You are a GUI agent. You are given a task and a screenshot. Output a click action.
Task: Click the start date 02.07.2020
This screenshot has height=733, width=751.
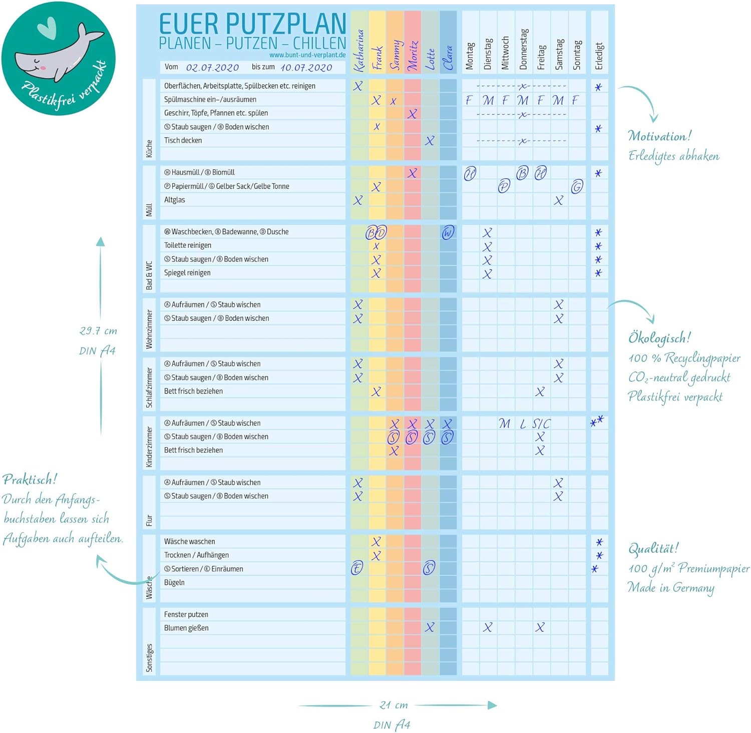[x=212, y=68]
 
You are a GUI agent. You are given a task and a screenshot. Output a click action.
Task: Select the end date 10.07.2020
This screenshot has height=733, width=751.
[x=306, y=68]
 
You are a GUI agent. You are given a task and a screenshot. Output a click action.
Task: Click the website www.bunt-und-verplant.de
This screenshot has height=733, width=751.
[x=307, y=55]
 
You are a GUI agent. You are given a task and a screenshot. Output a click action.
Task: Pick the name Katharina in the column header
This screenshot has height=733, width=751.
[x=358, y=51]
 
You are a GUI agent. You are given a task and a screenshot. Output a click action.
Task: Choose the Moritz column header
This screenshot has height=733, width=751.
[x=413, y=55]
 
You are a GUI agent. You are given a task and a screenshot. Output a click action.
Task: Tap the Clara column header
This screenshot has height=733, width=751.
[x=448, y=58]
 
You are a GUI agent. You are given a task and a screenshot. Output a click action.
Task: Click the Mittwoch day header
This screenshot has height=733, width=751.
[x=505, y=53]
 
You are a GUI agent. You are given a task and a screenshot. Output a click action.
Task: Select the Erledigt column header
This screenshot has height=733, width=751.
[x=599, y=56]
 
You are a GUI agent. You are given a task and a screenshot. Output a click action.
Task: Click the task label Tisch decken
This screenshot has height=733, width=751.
[x=183, y=141]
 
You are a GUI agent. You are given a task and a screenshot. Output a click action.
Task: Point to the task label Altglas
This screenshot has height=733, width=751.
[x=174, y=200]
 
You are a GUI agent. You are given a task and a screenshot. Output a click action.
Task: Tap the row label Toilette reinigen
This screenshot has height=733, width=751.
[x=187, y=245]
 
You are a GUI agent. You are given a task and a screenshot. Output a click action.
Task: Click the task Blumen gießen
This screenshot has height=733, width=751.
[x=186, y=628]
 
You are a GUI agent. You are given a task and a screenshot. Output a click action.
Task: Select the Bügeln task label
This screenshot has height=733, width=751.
[x=174, y=582]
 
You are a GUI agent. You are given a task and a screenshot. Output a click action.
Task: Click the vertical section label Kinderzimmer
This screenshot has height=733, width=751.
[x=149, y=447]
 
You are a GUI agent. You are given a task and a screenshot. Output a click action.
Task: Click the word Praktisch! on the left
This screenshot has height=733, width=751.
[x=30, y=480]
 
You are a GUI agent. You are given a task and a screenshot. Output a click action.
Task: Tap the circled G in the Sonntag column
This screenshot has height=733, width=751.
[x=577, y=187]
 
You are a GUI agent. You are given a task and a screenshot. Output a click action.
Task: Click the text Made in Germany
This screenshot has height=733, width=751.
[x=671, y=587]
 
